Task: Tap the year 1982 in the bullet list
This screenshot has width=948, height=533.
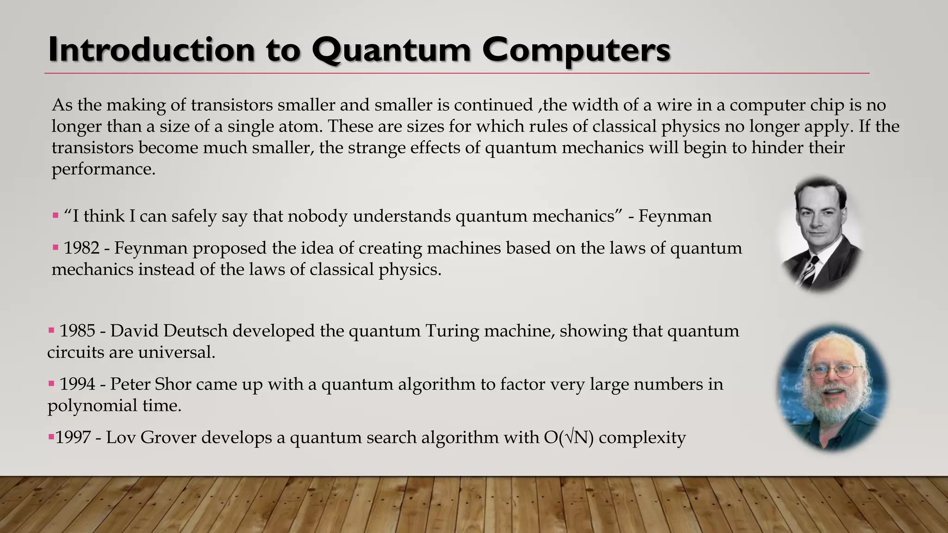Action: [81, 248]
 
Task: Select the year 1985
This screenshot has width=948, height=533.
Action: [77, 331]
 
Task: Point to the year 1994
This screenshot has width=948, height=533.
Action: [77, 384]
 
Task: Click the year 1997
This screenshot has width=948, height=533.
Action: [73, 438]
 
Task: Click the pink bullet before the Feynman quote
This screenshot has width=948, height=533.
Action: [56, 216]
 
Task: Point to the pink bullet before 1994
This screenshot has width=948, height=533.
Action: [51, 384]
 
